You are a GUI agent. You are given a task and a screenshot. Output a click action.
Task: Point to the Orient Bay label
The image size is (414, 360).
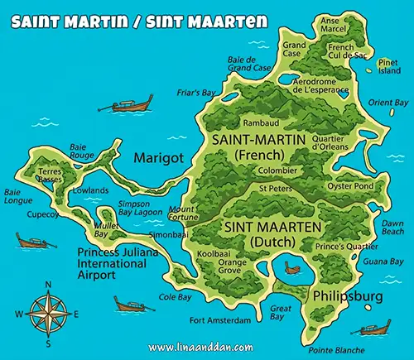[388, 102]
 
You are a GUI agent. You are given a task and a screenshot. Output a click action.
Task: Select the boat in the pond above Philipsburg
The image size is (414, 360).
[291, 267]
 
